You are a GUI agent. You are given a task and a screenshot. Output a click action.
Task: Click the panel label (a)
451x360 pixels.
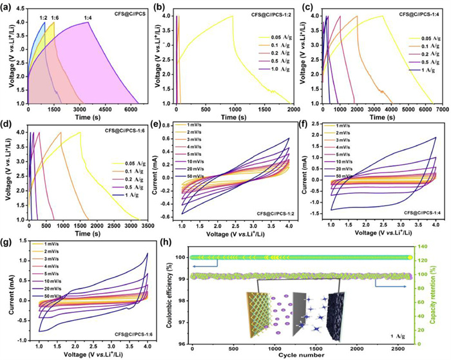click(x=10, y=6)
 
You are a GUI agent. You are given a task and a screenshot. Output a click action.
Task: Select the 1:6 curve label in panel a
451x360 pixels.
click(x=54, y=17)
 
